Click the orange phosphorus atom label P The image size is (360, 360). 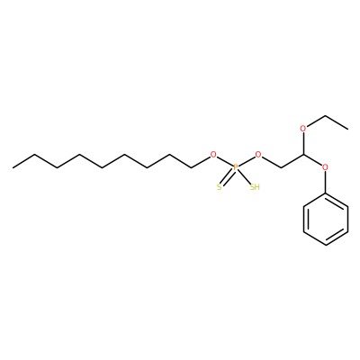click(236, 167)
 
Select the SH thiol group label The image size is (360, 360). click(255, 187)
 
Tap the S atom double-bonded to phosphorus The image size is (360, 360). click(220, 187)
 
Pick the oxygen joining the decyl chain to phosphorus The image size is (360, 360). click(213, 155)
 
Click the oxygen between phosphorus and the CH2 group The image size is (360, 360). click(258, 155)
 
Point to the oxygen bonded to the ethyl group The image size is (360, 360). click(303, 129)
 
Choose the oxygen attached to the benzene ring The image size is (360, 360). click(325, 167)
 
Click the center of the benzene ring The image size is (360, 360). click(326, 219)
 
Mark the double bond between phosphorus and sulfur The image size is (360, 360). click(228, 177)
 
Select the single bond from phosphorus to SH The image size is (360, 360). click(244, 177)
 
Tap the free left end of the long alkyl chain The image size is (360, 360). click(13, 167)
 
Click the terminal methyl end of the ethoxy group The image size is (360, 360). click(348, 129)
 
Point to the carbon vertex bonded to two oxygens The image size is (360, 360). click(303, 155)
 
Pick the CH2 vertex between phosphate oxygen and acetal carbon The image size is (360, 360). click(281, 167)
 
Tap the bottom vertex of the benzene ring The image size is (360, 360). click(326, 245)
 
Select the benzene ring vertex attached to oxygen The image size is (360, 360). click(326, 193)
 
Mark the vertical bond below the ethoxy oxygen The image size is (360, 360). click(303, 144)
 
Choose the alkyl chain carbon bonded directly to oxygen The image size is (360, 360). click(192, 167)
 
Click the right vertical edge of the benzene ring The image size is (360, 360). click(348, 219)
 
